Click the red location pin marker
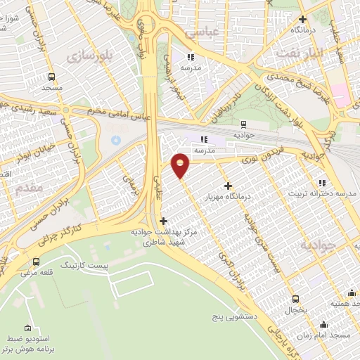coord(181,165)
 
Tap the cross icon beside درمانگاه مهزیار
coord(228,185)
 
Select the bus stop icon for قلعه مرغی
coord(36,262)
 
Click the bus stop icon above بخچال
coord(295,298)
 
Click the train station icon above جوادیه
coord(243,124)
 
